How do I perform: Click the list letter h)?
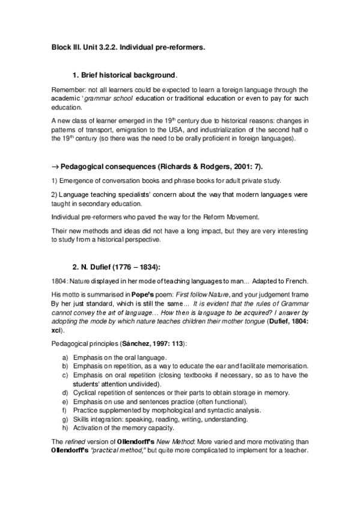66,428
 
